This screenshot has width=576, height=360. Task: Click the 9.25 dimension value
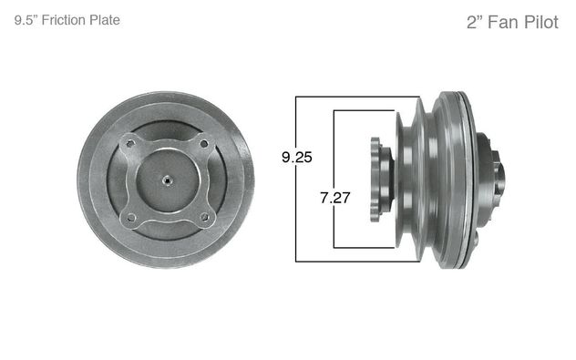(x=297, y=157)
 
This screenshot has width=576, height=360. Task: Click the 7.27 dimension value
(x=334, y=196)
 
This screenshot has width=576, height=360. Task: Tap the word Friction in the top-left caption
(x=64, y=19)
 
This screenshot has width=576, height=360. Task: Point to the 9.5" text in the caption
(x=26, y=19)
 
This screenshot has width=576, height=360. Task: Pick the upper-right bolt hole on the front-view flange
(x=205, y=142)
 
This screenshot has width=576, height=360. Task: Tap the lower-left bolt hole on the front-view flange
(x=131, y=217)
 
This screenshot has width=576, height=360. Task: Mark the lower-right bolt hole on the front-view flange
(x=205, y=217)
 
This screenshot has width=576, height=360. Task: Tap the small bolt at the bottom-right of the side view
(x=476, y=241)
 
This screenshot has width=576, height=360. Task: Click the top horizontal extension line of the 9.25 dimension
(x=365, y=96)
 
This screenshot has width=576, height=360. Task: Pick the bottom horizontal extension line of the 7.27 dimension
(x=365, y=247)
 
